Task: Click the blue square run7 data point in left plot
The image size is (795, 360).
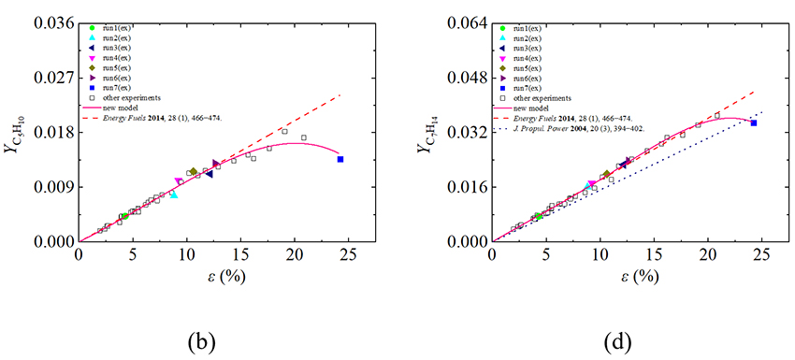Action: [x=340, y=160]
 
